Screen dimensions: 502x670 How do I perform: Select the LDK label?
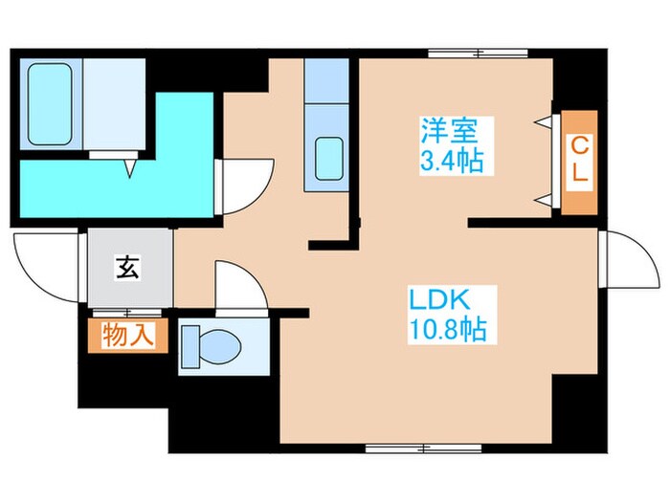[436, 298]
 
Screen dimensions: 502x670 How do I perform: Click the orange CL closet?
[579, 162]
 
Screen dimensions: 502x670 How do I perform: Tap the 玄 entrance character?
[127, 267]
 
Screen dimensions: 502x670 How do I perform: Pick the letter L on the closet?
[579, 179]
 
